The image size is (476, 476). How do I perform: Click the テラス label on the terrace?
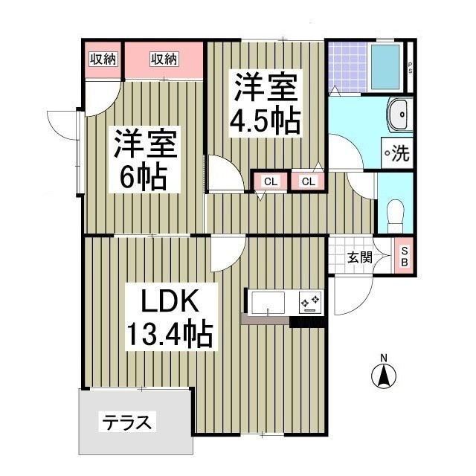pyautogui.click(x=127, y=423)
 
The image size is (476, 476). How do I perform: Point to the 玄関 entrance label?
pyautogui.click(x=359, y=258)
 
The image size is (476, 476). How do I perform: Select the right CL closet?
pyautogui.click(x=308, y=181)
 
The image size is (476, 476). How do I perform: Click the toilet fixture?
pyautogui.click(x=394, y=212)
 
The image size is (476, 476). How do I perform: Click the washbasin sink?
pyautogui.click(x=399, y=116)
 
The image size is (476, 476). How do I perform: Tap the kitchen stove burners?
pyautogui.click(x=309, y=301)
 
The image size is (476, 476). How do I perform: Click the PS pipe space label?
pyautogui.click(x=410, y=66)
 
